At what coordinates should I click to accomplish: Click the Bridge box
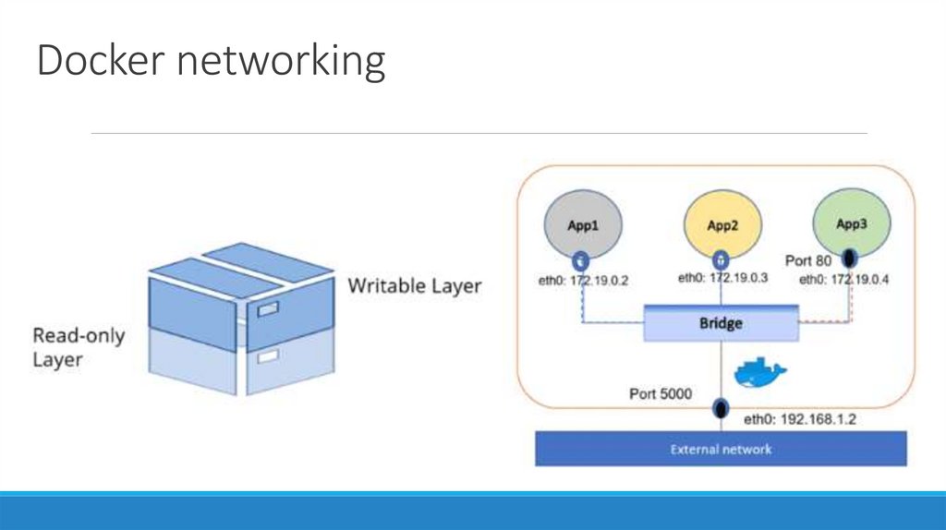point(721,325)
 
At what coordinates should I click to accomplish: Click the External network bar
point(721,450)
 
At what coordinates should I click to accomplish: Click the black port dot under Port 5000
point(720,407)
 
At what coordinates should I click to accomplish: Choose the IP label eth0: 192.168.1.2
point(800,419)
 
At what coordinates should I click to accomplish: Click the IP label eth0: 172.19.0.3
point(723,278)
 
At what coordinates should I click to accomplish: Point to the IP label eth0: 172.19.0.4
point(843,280)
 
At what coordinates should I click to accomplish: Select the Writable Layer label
point(414,286)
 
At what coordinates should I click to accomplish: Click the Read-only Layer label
point(79,346)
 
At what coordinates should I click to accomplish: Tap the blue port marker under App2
point(721,260)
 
